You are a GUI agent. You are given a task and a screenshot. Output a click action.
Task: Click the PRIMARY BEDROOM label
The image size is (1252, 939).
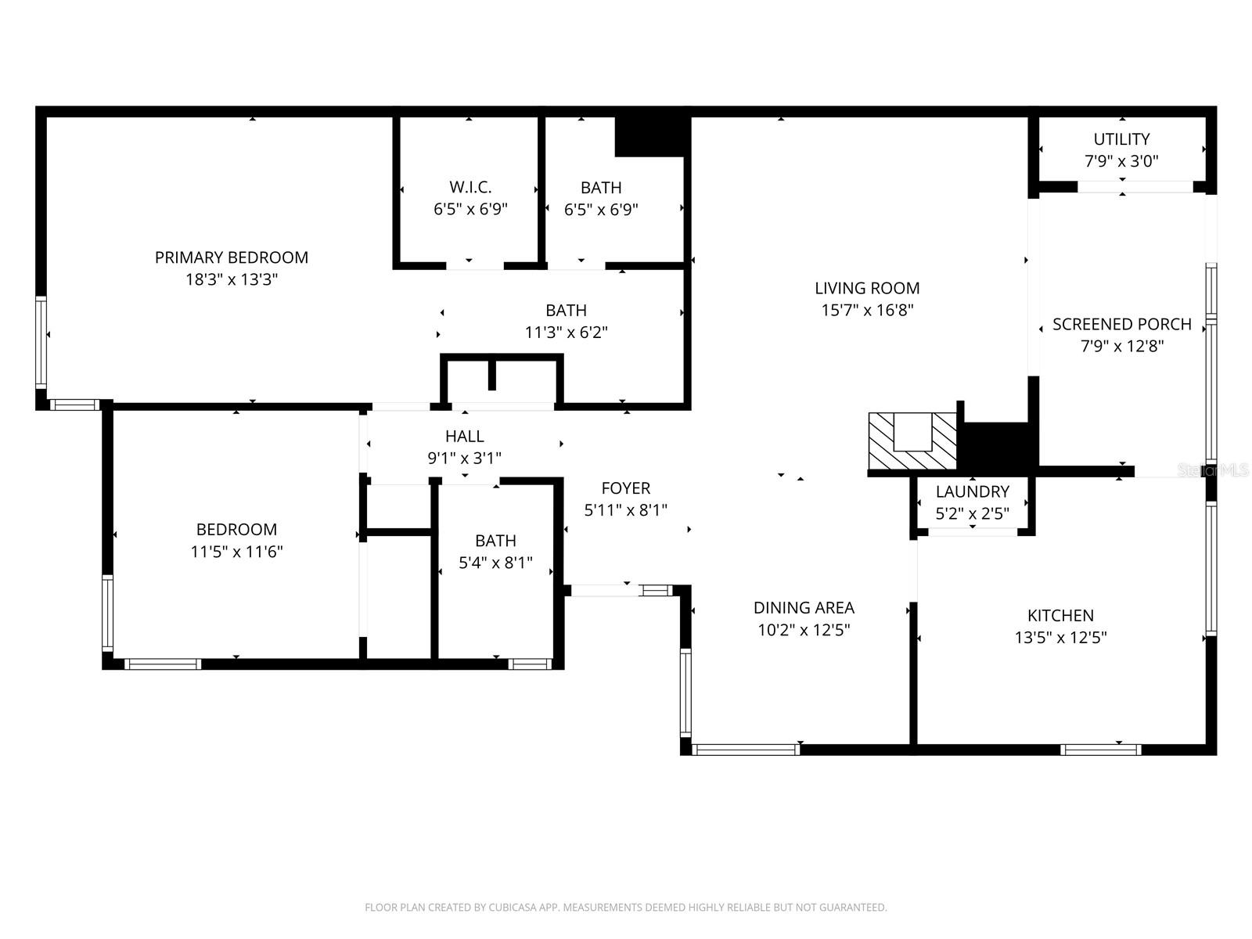tap(231, 257)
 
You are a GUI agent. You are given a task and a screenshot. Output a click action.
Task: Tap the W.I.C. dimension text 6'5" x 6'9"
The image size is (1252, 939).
tap(470, 210)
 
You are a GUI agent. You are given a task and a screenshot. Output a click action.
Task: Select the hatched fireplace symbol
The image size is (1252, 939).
tap(912, 442)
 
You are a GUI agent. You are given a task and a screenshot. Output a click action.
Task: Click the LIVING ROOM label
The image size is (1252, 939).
tap(867, 288)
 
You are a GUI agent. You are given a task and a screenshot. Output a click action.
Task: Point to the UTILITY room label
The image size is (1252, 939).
tap(1121, 139)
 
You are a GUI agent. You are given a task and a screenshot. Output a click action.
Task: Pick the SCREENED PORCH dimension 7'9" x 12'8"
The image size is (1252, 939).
tap(1122, 346)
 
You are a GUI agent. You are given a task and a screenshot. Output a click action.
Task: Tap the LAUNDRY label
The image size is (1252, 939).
tap(973, 491)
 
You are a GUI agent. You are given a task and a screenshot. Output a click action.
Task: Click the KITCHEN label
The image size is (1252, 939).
tap(1060, 616)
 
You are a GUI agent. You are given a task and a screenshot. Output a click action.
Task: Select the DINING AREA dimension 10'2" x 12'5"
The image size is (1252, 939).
tap(804, 630)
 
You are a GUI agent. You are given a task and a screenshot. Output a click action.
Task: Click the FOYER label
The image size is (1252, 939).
tap(625, 488)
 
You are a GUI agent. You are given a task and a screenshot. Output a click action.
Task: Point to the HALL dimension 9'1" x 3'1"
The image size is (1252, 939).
tap(464, 459)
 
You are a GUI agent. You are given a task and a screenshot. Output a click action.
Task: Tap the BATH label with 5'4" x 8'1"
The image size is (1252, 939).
tap(495, 541)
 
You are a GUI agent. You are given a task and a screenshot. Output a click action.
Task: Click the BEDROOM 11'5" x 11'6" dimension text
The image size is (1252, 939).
tap(236, 552)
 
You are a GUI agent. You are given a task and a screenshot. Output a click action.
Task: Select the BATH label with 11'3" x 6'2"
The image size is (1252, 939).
tap(566, 311)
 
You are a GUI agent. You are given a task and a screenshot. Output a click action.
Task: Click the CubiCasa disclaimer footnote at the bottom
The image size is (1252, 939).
tap(625, 908)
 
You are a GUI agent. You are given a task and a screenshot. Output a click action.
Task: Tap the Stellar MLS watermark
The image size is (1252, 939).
tap(1213, 469)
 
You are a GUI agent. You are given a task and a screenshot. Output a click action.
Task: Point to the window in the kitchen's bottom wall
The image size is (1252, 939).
tap(1100, 750)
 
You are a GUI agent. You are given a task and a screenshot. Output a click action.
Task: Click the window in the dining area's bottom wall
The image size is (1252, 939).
tap(747, 750)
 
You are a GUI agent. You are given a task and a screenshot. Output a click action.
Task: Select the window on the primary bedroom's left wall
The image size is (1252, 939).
tap(41, 342)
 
